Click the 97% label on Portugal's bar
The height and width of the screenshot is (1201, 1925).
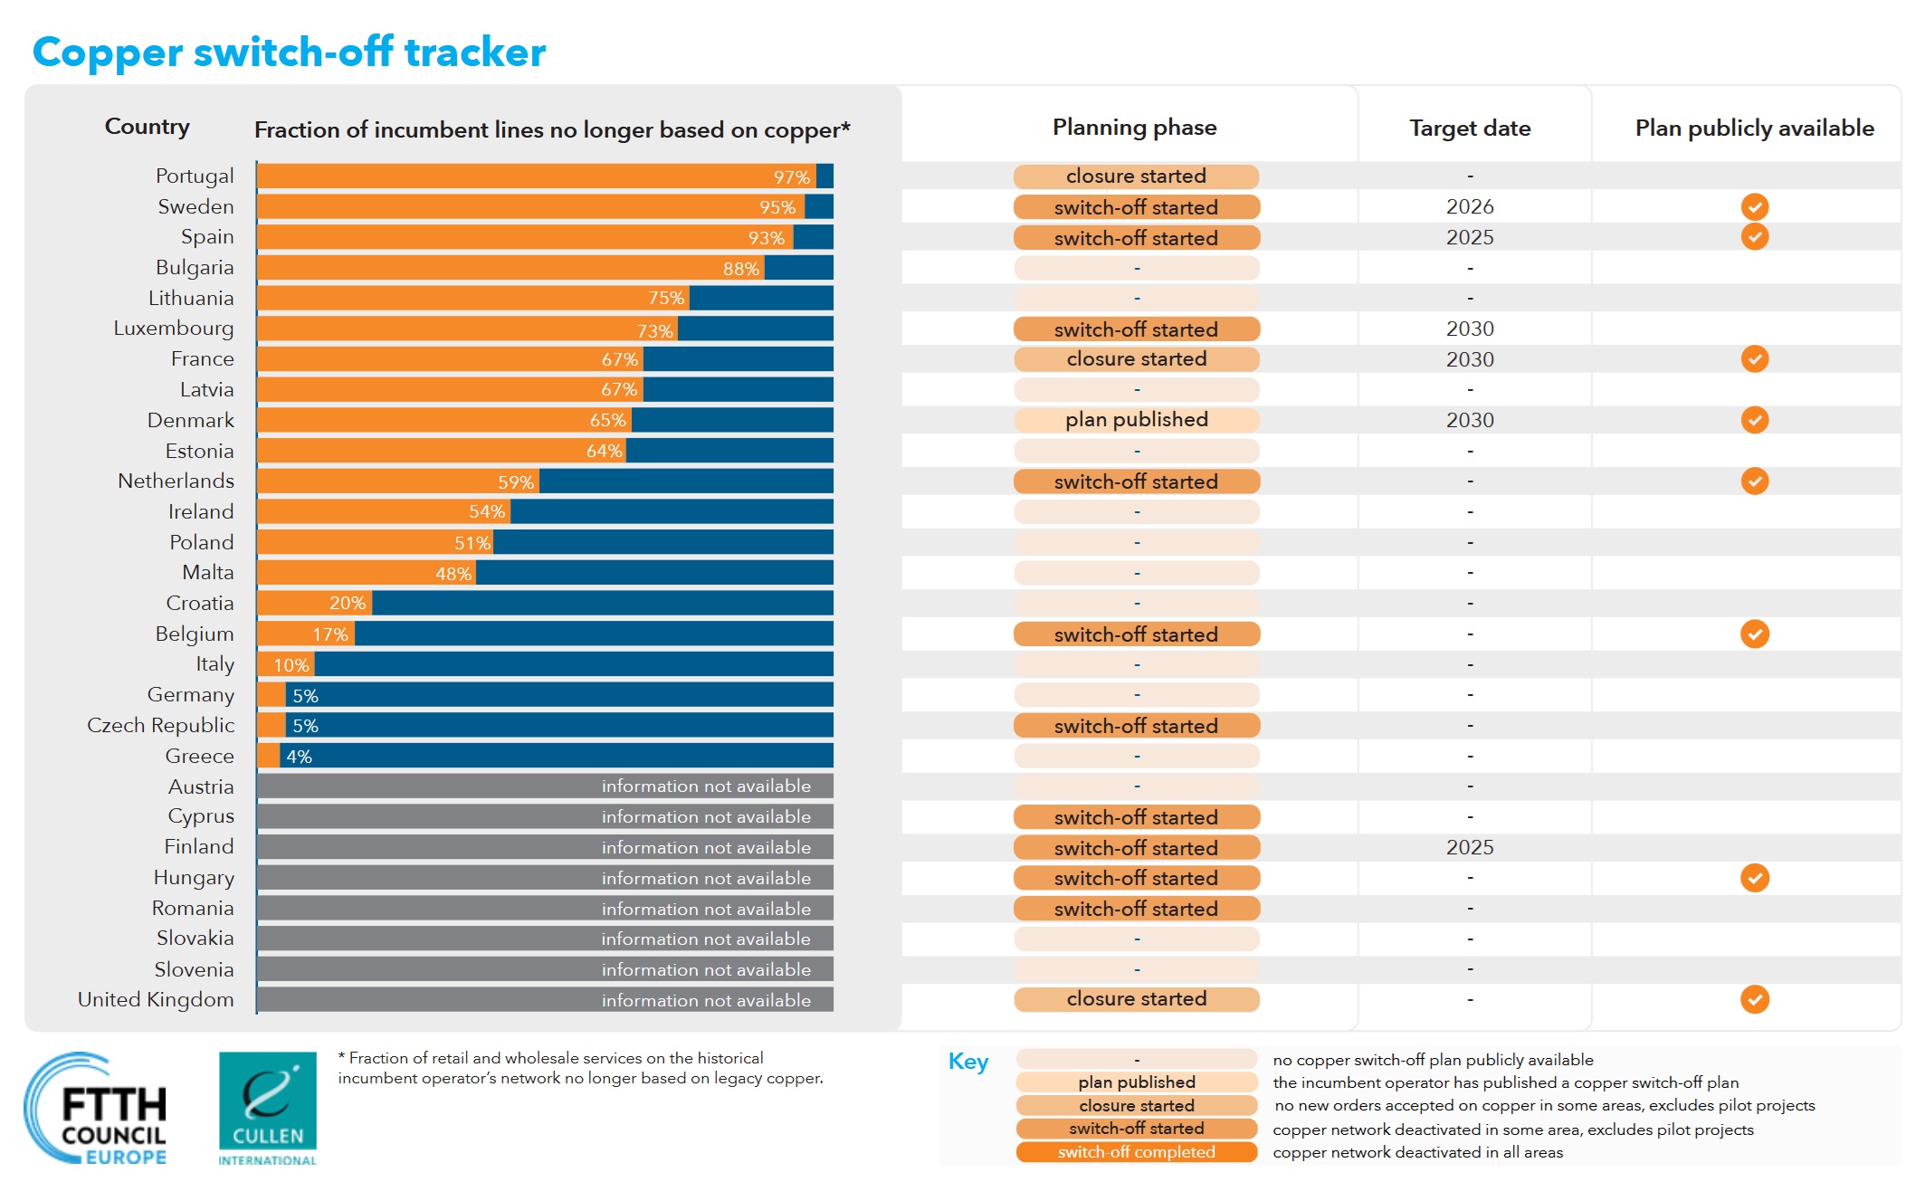pos(792,177)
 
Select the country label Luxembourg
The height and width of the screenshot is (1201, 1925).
pos(174,329)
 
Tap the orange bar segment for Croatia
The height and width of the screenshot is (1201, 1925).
pos(314,603)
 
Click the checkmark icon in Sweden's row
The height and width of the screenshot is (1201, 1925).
pos(1754,207)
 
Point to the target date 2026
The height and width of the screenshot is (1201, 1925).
pos(1470,207)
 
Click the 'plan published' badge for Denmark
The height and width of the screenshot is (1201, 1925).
pos(1137,420)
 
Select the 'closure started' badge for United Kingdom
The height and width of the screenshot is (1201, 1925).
pos(1137,999)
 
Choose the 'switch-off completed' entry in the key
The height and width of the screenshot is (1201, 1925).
pos(1137,1152)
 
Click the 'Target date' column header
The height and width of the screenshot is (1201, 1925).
pos(1470,129)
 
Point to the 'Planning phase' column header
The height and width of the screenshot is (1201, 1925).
pos(1135,128)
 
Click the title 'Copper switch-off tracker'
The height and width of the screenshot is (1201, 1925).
pos(289,52)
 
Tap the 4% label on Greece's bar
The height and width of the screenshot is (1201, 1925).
pos(299,757)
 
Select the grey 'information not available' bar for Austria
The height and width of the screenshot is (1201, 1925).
pos(545,786)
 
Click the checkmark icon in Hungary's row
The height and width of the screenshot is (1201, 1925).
pos(1754,878)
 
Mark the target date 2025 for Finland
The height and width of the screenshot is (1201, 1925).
pos(1470,848)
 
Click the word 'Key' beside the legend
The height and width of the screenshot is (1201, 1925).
pos(968,1062)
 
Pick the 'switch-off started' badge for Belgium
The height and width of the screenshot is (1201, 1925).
pos(1137,634)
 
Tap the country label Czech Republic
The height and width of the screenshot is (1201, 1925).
pos(160,726)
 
